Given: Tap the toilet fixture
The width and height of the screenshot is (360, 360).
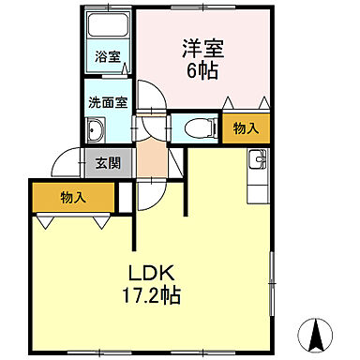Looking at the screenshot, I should tap(197, 128).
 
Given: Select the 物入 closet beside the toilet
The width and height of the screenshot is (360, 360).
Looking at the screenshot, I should tap(247, 128).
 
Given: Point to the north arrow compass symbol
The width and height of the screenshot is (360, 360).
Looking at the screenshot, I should tap(318, 332).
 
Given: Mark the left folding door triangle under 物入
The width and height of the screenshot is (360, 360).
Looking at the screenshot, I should tap(43, 223).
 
